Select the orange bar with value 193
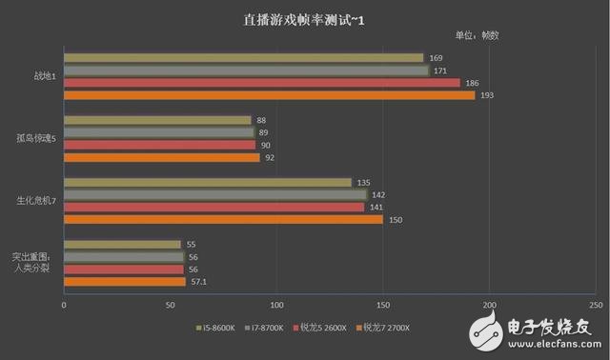(269, 95)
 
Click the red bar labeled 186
(261, 83)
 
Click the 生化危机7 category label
(38, 201)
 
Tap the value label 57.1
(201, 281)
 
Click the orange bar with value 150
(223, 219)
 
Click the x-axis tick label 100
(276, 305)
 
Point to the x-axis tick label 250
(595, 305)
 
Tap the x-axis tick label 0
(64, 305)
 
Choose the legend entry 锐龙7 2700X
(386, 329)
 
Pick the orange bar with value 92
(161, 157)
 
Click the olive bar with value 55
(122, 244)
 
